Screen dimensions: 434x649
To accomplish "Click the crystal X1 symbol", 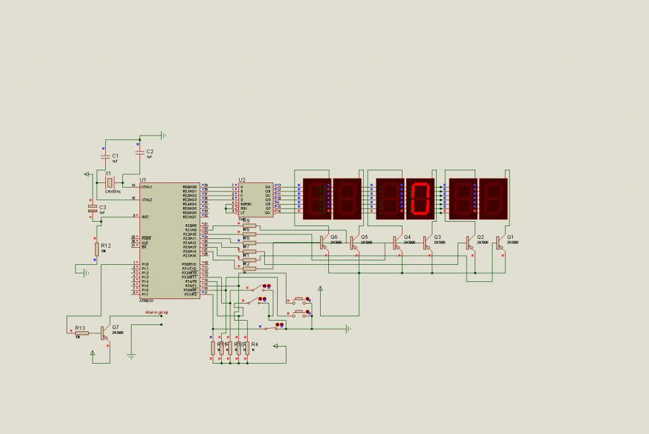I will pos(110,182).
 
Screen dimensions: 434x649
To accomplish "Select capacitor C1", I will pos(105,155).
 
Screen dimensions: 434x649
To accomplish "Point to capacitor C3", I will pos(93,208).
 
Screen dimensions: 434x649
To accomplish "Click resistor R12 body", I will pos(97,249).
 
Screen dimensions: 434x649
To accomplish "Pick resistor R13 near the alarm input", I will pos(81,333).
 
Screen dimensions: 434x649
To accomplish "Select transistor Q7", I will pos(103,333).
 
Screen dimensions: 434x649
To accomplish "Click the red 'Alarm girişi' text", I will pos(157,312).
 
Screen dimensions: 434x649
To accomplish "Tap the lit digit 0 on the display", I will pos(421,198).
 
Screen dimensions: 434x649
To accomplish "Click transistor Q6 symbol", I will pos(323,241).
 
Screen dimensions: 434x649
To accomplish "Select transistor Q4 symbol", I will pos(396,241).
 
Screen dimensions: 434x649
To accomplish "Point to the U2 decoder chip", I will pos(256,200).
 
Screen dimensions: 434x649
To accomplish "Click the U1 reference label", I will pos(143,180).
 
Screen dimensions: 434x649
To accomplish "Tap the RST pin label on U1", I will pos(145,217).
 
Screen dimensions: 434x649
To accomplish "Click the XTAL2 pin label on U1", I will pos(147,199).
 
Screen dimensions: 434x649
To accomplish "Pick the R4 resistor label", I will pos(255,344).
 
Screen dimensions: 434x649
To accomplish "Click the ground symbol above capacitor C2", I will pos(163,134).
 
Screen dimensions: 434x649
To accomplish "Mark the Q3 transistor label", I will pos(437,237).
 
